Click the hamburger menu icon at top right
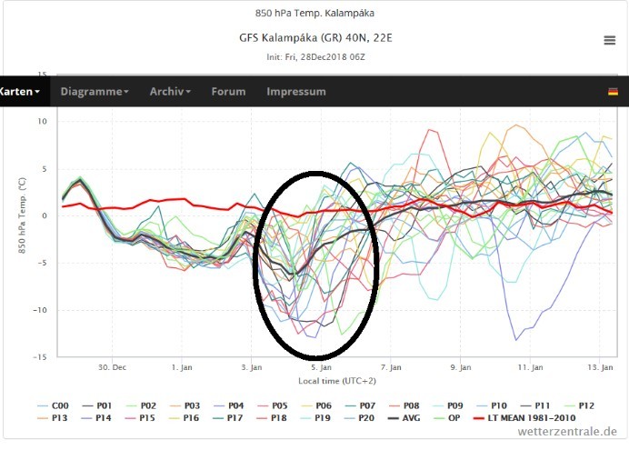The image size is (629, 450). point(609,41)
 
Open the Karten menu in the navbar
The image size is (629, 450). point(20,92)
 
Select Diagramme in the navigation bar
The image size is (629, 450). point(95,92)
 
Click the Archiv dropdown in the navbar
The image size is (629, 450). point(170,92)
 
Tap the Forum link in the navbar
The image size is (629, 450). point(228,92)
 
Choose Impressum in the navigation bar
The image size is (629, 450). point(296,92)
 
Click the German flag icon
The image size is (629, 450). point(614,92)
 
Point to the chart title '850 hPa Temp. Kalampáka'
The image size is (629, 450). point(314,15)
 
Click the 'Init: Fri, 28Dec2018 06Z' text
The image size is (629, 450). point(314,57)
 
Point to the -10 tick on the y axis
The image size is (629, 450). point(41,310)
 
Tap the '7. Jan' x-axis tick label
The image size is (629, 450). point(391,368)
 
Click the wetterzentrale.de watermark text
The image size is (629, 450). point(567,433)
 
